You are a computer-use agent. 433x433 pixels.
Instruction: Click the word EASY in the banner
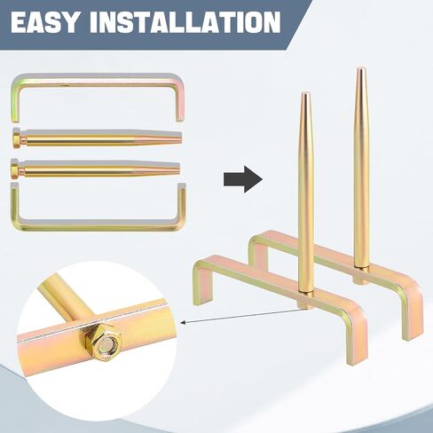coord(45,22)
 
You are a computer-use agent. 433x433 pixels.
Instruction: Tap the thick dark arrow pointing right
coord(243,179)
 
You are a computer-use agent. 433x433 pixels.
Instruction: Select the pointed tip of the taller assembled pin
coord(360,68)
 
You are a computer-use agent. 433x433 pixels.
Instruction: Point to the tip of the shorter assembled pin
coord(305,94)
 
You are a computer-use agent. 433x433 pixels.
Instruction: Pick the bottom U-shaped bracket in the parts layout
coord(98,226)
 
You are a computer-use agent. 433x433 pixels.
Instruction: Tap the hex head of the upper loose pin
coord(17,138)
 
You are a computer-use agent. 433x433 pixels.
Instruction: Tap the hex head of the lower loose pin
coord(16,169)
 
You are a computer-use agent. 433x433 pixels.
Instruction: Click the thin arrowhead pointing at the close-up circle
coord(184,322)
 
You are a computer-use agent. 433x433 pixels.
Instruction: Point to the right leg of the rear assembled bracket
coord(412,317)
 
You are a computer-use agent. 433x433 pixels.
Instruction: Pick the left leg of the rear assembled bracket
coord(259,254)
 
